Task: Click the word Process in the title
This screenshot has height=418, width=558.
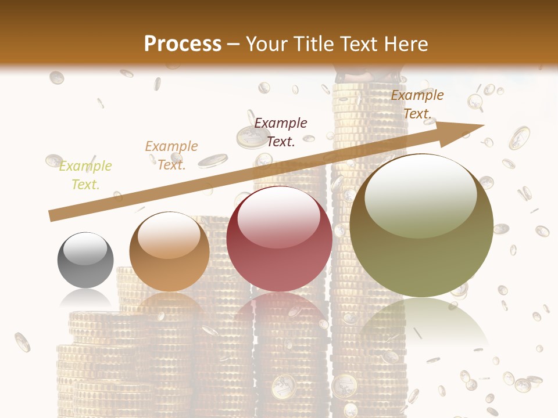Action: click(183, 44)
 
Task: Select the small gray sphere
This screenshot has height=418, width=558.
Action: click(85, 260)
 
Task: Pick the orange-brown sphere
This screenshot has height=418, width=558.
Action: click(169, 252)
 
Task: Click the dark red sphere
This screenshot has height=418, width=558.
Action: click(279, 239)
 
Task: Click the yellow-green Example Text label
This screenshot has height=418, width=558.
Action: click(85, 175)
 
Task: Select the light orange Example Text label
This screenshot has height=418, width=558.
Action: click(171, 156)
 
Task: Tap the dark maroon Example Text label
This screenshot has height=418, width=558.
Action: click(281, 132)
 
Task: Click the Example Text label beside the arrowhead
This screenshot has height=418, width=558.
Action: click(417, 105)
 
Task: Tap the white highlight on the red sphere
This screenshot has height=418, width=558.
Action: click(279, 220)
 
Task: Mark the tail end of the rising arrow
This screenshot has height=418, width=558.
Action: click(52, 215)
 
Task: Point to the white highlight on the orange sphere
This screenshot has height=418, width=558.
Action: click(169, 235)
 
